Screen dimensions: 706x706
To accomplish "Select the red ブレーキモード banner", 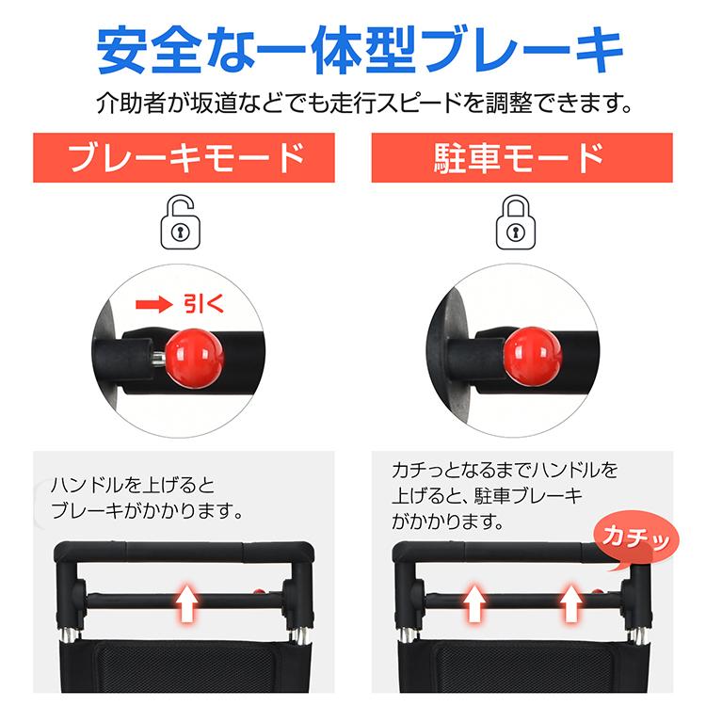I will [184, 157].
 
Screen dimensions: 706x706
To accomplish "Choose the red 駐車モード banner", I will [521, 157].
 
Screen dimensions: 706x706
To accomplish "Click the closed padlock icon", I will [521, 223].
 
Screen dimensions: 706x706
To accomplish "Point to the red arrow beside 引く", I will [152, 304].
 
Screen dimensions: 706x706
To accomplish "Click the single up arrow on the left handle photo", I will [187, 601].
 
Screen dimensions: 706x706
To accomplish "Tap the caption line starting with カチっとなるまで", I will [505, 470].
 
